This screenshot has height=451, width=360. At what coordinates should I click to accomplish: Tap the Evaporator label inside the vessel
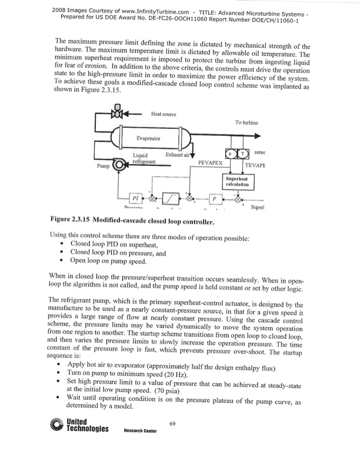point(149,139)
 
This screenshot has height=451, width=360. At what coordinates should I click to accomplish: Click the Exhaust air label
point(178,155)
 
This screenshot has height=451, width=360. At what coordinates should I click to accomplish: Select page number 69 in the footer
point(172,424)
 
